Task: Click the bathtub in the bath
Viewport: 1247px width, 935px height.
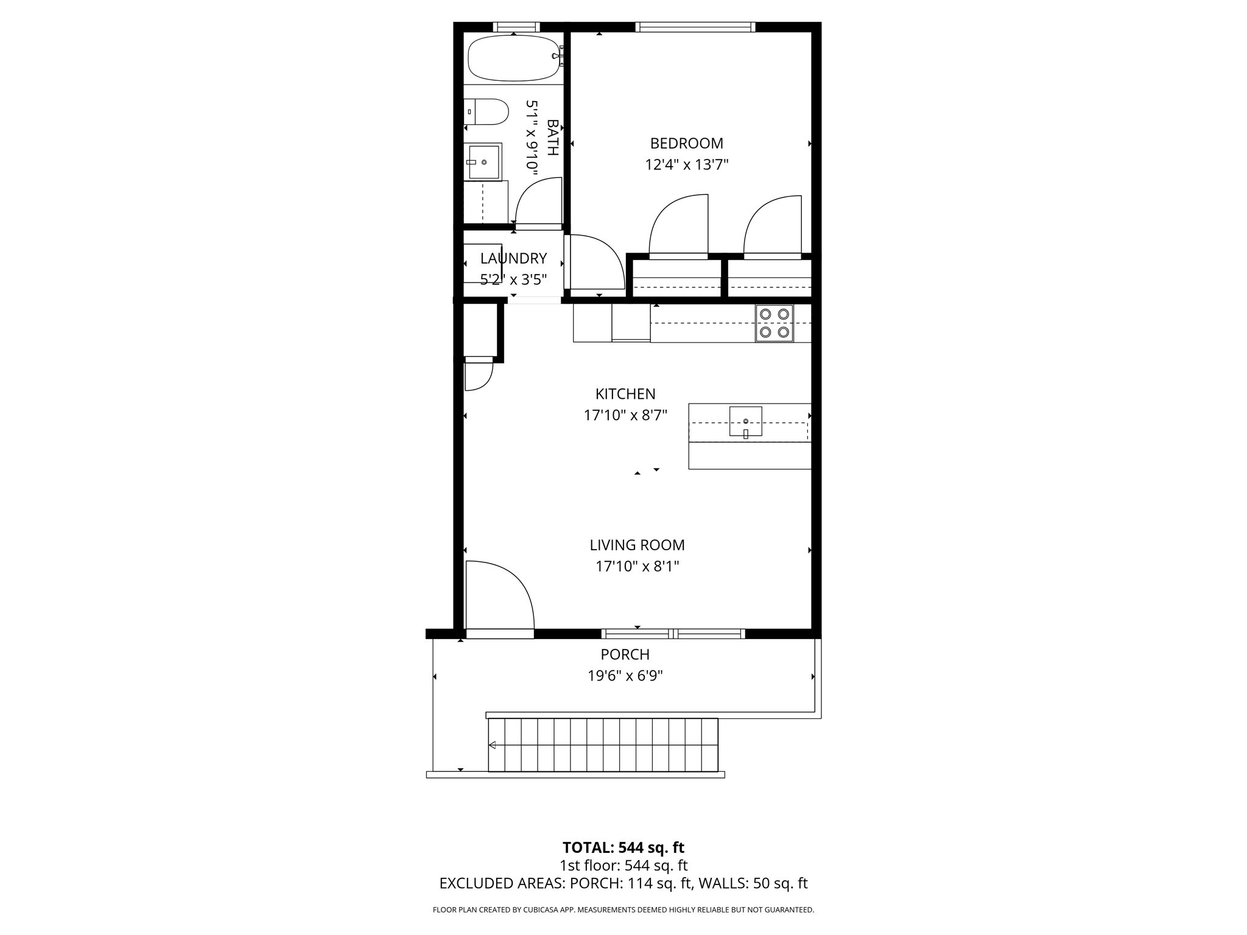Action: (x=513, y=58)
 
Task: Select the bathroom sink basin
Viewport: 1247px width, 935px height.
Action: (x=483, y=162)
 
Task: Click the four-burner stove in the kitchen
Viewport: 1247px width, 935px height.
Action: (x=775, y=323)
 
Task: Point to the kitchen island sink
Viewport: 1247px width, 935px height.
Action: (x=746, y=421)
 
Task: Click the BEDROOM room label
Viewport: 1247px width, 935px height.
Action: (x=686, y=144)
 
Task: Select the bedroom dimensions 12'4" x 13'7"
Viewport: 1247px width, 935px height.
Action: (x=687, y=165)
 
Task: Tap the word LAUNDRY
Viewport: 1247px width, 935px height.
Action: (x=513, y=259)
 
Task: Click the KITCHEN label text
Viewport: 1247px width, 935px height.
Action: (x=625, y=394)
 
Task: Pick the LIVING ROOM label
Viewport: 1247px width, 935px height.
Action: (x=637, y=545)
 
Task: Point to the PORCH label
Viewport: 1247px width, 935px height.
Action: (x=625, y=655)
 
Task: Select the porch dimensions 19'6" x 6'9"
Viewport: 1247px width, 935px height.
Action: (x=625, y=676)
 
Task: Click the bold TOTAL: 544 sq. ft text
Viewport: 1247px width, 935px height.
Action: (x=623, y=848)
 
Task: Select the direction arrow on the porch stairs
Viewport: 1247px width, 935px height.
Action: (x=493, y=745)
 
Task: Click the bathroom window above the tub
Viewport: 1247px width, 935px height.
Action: (x=516, y=27)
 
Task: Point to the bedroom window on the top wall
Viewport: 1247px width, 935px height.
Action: (x=695, y=27)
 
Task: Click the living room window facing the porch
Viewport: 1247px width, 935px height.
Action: (x=673, y=634)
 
